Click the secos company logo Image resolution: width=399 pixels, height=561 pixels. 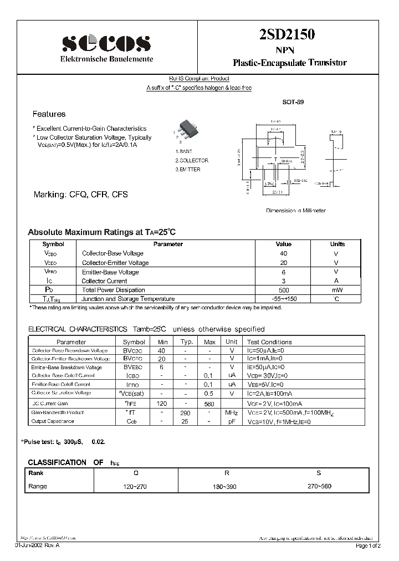(106, 43)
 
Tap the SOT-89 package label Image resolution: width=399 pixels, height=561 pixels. (293, 103)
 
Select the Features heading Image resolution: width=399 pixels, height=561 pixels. (49, 114)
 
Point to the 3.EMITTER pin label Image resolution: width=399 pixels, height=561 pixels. (188, 170)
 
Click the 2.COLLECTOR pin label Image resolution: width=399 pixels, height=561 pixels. (192, 160)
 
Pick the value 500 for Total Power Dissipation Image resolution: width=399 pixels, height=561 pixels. (283, 290)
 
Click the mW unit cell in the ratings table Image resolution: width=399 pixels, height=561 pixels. (337, 290)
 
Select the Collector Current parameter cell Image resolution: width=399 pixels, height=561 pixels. (105, 281)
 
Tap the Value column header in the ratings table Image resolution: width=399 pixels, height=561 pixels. (283, 244)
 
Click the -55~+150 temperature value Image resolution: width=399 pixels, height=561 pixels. (283, 299)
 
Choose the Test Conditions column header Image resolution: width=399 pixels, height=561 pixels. (269, 342)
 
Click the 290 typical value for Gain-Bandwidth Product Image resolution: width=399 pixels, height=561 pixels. (186, 412)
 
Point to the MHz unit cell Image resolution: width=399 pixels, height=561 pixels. (232, 412)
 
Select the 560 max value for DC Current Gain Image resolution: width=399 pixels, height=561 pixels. (209, 404)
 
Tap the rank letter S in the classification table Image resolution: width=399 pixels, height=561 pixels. (318, 473)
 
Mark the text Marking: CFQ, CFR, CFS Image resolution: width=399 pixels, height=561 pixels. (81, 195)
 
